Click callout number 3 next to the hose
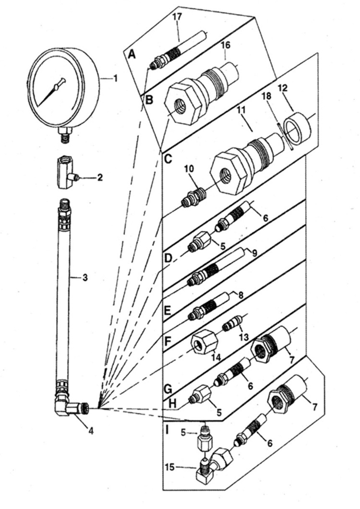pyautogui.click(x=84, y=277)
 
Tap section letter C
pyautogui.click(x=168, y=158)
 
